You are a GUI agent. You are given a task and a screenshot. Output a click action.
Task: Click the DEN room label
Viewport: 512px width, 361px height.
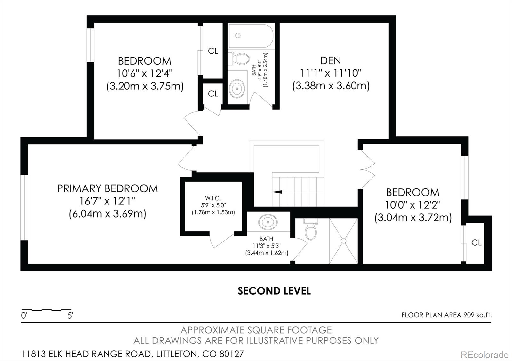point(331,60)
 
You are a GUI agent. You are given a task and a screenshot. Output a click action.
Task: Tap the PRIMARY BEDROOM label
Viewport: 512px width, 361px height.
point(108,188)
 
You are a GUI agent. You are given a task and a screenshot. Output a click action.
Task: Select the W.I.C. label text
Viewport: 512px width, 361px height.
point(213,198)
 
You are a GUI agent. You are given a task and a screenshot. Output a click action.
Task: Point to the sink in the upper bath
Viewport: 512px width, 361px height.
point(237,88)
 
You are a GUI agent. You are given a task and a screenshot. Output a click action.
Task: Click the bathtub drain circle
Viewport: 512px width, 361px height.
point(238,35)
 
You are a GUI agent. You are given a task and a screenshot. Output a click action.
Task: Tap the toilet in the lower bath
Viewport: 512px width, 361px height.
point(311,229)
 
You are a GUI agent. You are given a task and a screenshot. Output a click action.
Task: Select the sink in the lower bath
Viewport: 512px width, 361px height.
point(268,222)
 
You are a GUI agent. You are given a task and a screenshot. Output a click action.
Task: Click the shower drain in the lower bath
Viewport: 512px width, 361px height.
point(344,241)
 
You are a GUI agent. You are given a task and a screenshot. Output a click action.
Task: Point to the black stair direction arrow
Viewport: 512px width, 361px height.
point(277,192)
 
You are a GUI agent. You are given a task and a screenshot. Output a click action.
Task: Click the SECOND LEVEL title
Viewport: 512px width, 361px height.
point(274,291)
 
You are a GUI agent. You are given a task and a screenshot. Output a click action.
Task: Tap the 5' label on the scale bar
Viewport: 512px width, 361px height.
point(70,316)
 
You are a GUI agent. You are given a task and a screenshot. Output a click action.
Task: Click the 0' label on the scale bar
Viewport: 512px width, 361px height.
point(24,316)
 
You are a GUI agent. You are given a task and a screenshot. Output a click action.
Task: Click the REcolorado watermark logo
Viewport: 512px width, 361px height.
point(484,355)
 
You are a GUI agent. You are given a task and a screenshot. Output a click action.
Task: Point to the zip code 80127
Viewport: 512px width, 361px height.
point(232,354)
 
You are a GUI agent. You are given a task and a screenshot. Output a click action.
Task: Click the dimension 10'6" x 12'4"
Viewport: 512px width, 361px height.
point(144,73)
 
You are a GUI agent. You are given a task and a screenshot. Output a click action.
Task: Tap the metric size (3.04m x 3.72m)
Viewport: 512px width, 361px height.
point(413,218)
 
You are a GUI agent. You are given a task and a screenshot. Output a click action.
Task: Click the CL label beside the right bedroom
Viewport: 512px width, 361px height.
point(476,242)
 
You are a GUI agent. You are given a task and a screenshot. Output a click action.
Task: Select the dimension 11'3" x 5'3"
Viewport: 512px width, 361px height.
point(267,246)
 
